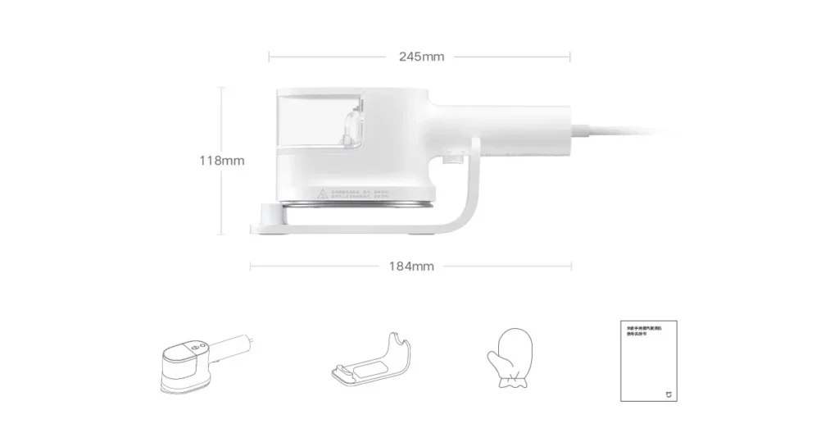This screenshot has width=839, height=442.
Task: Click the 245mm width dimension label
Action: pos(421,57)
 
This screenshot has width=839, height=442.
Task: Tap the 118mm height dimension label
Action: pos(222,160)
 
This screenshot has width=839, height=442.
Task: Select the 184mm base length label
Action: pos(411,266)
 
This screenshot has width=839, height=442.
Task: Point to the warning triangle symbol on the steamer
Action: pos(324,195)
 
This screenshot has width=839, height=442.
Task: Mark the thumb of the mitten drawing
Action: pos(492,358)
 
